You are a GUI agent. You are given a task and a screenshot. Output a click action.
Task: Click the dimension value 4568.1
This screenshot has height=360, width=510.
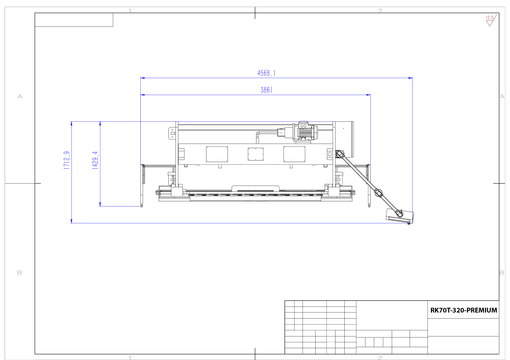266,73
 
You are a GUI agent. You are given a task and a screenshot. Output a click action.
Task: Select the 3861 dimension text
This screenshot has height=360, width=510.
266,90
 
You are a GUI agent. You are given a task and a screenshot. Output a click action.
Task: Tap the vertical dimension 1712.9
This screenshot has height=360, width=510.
67,160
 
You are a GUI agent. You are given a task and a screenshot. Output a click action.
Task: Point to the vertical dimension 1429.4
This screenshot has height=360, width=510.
95,160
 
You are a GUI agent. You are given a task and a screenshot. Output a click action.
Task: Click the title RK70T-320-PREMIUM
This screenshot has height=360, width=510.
464,310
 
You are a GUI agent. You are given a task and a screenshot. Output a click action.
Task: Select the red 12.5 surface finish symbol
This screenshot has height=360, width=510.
490,20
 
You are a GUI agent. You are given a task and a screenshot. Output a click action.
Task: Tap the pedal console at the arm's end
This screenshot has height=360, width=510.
399,216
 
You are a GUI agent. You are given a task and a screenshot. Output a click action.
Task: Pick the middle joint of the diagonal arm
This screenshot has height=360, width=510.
378,193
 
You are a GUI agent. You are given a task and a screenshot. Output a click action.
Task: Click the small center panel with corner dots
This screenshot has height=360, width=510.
256,154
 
